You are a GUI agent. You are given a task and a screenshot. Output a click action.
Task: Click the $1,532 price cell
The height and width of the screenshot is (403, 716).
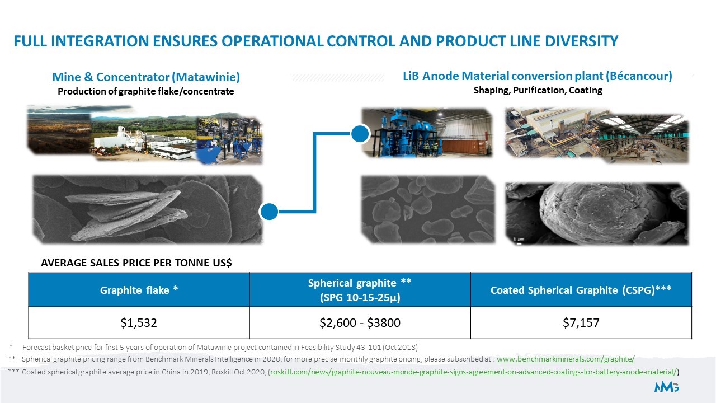[x=139, y=323]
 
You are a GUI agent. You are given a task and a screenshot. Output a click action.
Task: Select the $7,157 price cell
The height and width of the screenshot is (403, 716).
[x=581, y=323]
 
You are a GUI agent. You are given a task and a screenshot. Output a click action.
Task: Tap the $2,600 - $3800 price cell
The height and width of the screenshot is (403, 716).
[x=360, y=323]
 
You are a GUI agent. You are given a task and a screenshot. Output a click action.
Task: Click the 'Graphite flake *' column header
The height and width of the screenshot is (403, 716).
[x=139, y=290]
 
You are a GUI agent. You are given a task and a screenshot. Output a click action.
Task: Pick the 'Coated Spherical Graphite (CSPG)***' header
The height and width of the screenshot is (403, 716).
[x=581, y=290]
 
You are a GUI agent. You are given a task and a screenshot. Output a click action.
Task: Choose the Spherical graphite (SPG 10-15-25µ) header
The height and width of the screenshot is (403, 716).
[x=360, y=290]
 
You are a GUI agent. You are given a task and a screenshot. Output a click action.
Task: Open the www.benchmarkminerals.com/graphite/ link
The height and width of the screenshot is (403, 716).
[x=566, y=359]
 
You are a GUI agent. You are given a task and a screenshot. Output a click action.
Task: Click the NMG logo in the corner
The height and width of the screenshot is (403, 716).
[x=666, y=387]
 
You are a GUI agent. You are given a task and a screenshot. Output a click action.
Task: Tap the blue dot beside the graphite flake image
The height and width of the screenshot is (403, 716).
[x=269, y=212]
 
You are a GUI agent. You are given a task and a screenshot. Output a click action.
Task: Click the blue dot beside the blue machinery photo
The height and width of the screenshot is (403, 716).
[x=360, y=134]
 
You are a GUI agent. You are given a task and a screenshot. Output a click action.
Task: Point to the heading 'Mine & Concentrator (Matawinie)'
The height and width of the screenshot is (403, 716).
[x=146, y=77]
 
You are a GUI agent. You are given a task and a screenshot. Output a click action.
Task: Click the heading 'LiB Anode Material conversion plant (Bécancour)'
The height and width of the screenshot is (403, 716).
[x=538, y=76]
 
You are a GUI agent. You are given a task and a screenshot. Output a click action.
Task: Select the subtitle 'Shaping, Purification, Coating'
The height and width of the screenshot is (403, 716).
[x=538, y=91]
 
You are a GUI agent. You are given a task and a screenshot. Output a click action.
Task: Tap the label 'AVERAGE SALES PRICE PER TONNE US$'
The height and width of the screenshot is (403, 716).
[x=136, y=263]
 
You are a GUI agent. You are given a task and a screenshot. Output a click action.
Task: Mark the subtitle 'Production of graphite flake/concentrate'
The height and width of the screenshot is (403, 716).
[x=146, y=91]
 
